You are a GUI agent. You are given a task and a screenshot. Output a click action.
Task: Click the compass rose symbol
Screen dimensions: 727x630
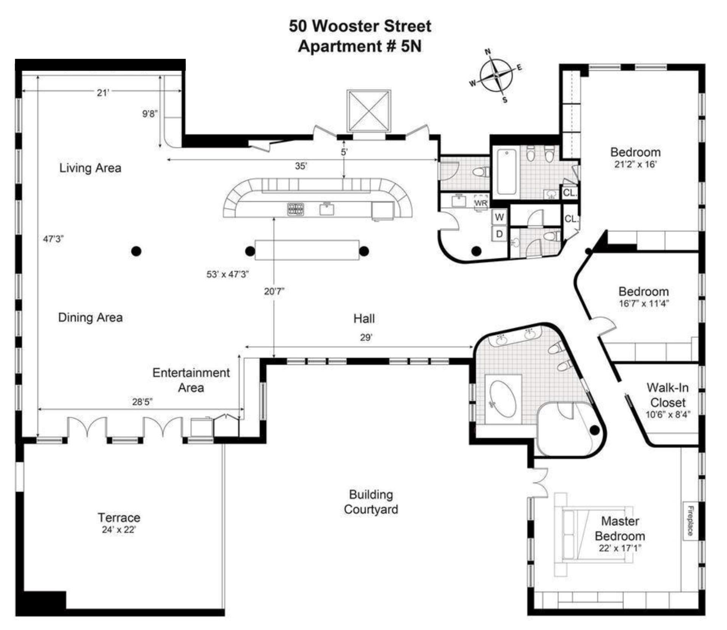coord(496,76)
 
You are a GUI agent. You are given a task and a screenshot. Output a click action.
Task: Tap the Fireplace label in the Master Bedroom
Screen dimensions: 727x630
coord(690,521)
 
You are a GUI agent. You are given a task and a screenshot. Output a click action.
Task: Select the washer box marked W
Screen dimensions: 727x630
coord(499,217)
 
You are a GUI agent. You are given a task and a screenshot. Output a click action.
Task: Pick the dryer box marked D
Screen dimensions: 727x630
coord(499,234)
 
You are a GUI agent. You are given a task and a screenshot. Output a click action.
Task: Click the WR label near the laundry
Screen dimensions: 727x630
coord(481,203)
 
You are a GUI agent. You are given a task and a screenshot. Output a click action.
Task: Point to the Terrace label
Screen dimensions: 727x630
coord(119,517)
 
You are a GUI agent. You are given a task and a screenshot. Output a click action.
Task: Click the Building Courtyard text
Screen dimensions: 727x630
coord(371,502)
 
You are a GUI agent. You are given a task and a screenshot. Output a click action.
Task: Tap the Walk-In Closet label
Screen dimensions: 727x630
coord(668,395)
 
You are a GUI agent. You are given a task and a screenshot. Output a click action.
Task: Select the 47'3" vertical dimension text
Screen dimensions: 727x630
coord(53,239)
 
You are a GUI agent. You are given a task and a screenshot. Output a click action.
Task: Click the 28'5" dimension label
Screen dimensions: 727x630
coord(142,402)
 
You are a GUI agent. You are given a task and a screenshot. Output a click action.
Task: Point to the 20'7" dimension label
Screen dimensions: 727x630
coord(274,291)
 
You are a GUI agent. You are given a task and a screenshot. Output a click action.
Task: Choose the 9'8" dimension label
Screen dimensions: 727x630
coord(150,113)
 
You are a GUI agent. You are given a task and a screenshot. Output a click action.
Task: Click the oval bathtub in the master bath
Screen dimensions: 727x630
coord(503,399)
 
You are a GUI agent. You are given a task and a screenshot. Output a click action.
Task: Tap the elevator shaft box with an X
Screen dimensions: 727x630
coord(369,111)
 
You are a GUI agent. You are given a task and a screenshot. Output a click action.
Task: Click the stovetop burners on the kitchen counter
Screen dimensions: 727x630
coord(295,209)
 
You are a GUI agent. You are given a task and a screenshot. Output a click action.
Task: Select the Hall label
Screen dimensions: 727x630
coord(364,318)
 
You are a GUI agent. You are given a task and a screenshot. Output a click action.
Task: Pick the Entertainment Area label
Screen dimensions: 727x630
coord(191,380)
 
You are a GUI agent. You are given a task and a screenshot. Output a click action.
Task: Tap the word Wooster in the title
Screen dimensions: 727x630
coord(347,27)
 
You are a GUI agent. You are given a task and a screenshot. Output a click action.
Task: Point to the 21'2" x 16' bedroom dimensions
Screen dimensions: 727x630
coord(635,164)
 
